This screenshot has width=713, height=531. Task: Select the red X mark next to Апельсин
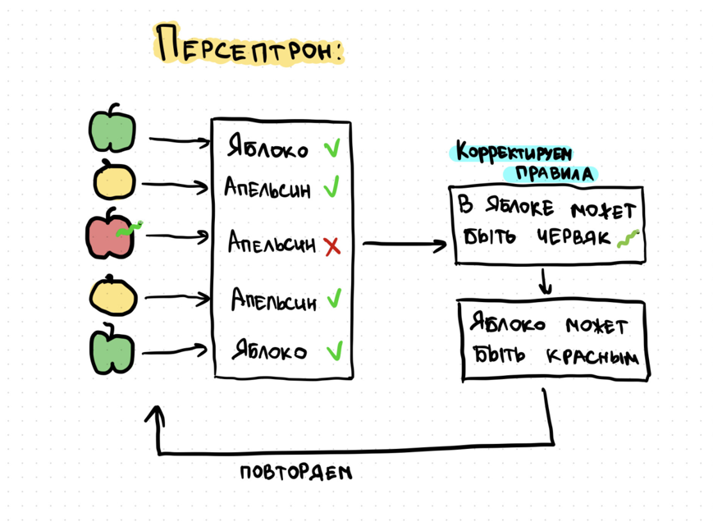pyautogui.click(x=331, y=245)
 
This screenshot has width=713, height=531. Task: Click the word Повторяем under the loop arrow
pyautogui.click(x=295, y=473)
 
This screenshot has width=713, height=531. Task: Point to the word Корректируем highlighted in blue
pyautogui.click(x=514, y=153)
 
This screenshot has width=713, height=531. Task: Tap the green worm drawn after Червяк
pyautogui.click(x=628, y=238)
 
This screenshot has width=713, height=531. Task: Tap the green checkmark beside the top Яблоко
pyautogui.click(x=331, y=149)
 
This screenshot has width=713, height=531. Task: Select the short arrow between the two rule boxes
pyautogui.click(x=546, y=282)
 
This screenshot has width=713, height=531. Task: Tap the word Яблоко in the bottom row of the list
pyautogui.click(x=268, y=351)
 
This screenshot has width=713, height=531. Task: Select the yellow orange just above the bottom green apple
pyautogui.click(x=113, y=295)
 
